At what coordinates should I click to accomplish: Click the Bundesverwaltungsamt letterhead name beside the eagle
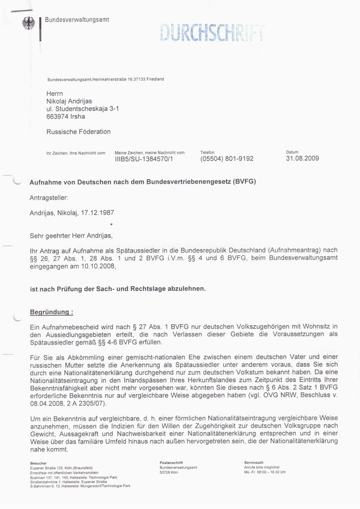point(77,19)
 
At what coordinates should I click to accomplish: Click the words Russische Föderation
point(79,132)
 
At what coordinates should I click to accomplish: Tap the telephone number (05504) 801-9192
point(227,159)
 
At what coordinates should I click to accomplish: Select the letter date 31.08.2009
point(302,159)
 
